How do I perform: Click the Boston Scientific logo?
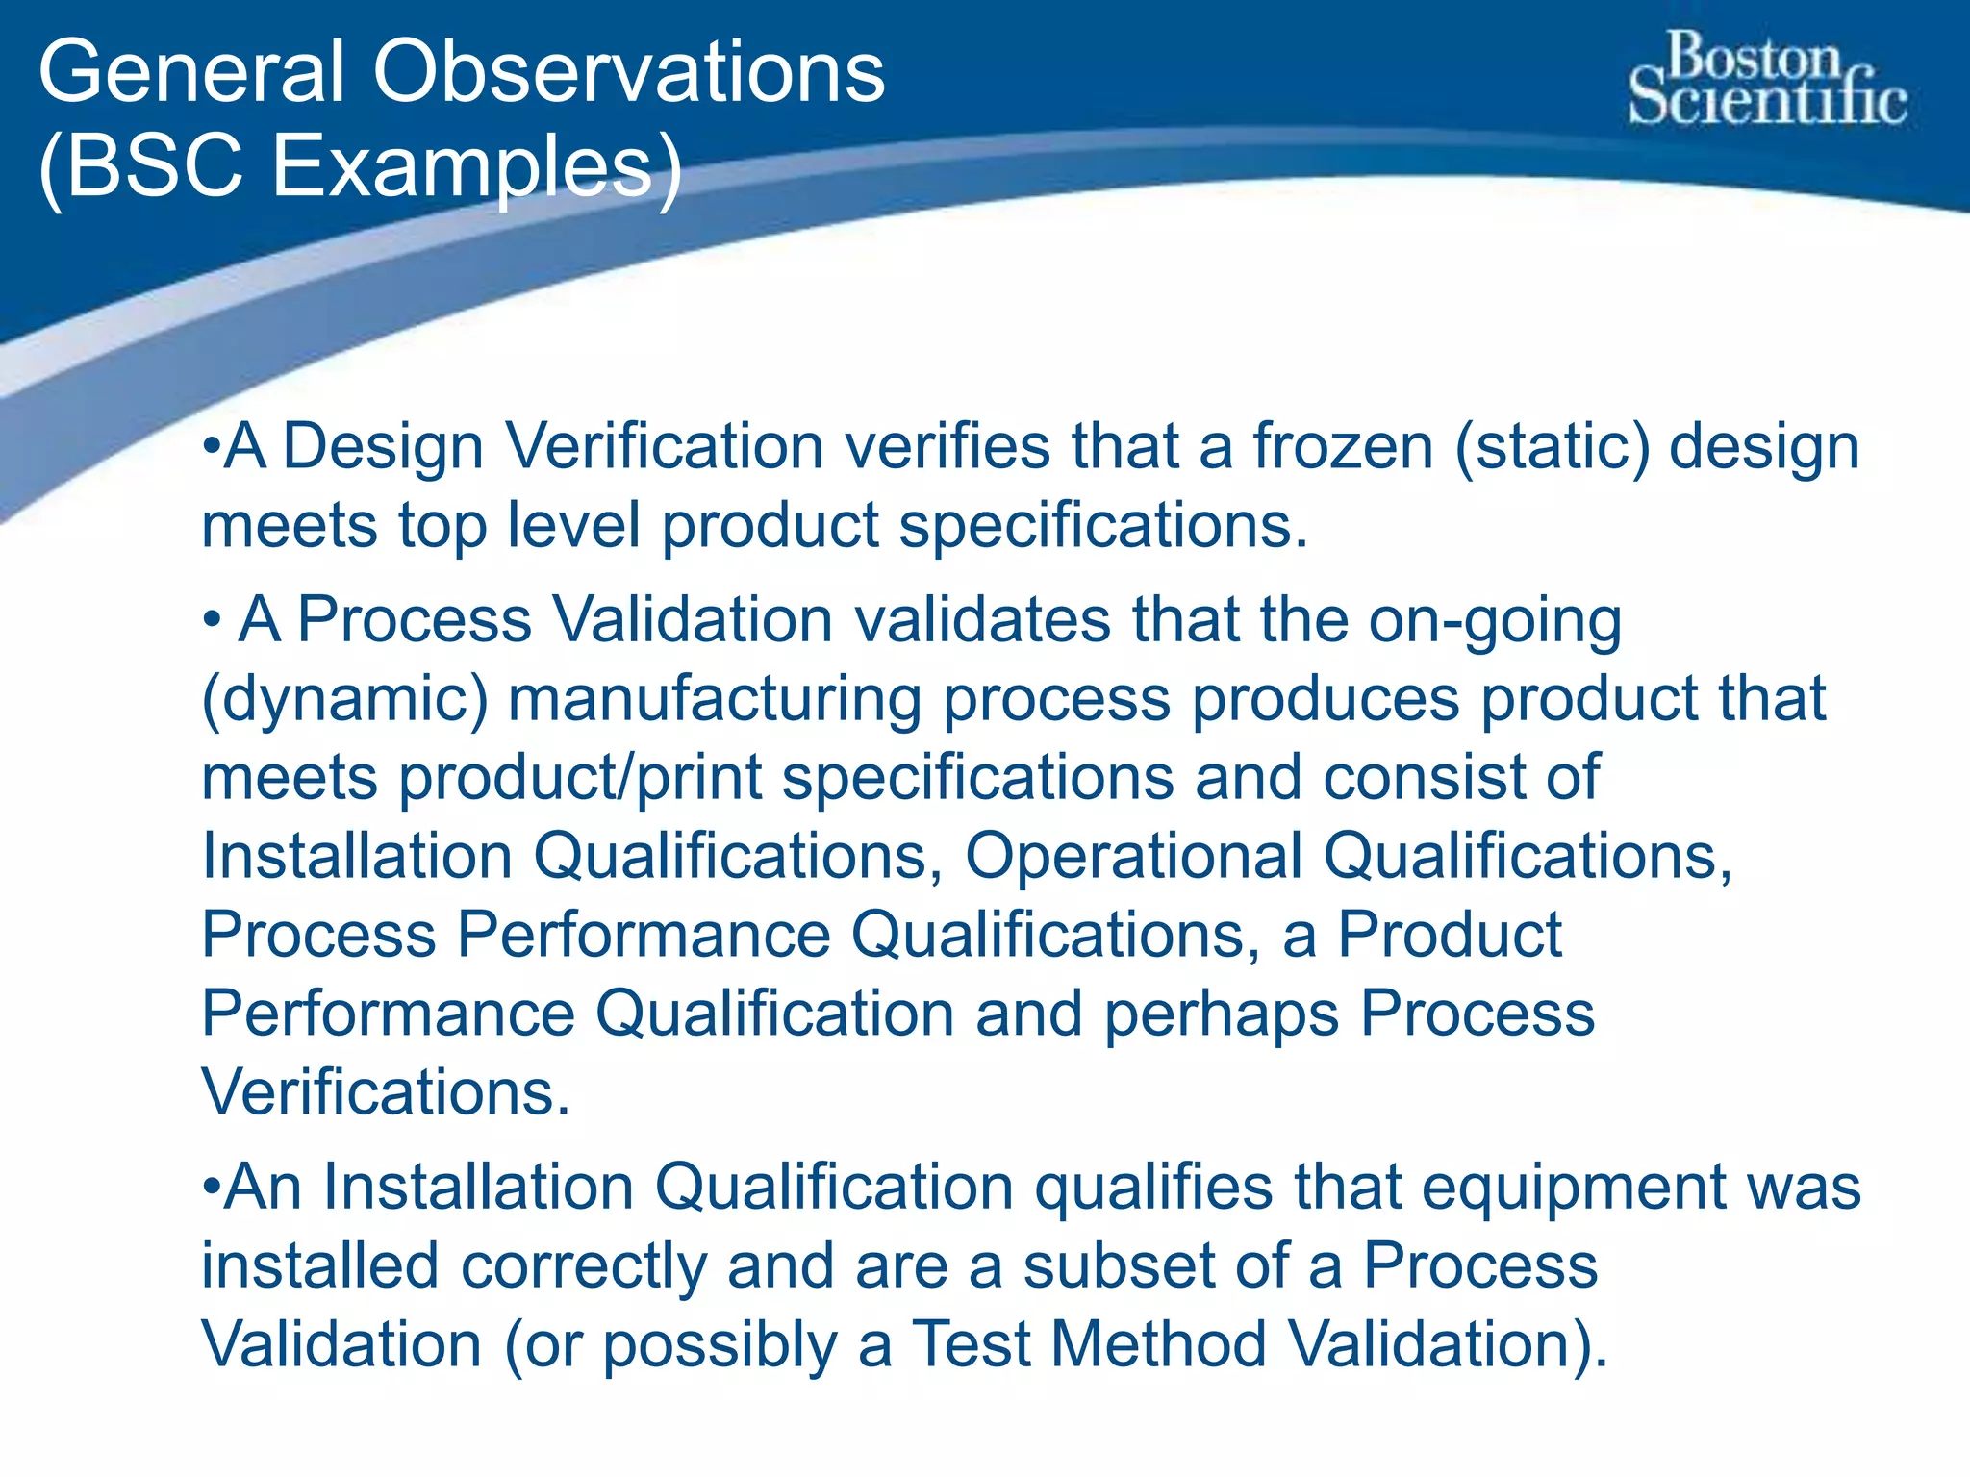click(x=1767, y=80)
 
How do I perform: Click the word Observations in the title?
click(x=628, y=73)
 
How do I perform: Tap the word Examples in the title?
click(x=463, y=165)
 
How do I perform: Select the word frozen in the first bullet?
click(x=1343, y=447)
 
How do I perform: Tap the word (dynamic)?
click(x=344, y=700)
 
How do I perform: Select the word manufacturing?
click(x=714, y=700)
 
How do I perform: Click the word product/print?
click(x=579, y=777)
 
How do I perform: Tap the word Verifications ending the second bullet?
click(x=385, y=1092)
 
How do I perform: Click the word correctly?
click(x=584, y=1265)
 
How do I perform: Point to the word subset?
click(x=1119, y=1265)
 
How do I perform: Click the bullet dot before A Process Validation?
click(x=213, y=620)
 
